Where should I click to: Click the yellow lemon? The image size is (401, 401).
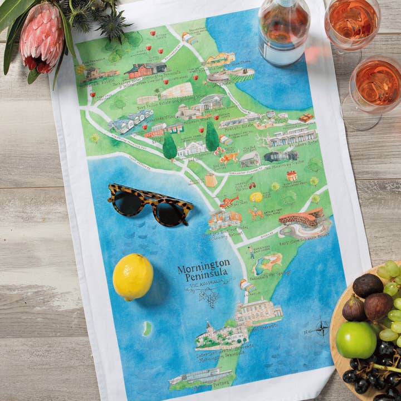pos(133,277)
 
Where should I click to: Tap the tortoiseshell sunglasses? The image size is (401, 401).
pos(149,204)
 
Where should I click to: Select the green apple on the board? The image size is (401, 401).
pos(356,340)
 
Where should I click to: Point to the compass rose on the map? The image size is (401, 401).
pos(322,328)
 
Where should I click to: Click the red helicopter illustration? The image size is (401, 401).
pos(228,200)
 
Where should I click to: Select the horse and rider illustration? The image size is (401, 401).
pos(256,213)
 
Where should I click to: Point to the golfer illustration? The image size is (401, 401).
pos(251,252)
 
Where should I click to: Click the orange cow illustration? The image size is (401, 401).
pos(229,158)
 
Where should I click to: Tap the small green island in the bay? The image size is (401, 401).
pos(147,329)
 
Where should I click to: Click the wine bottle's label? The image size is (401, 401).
pos(283,50)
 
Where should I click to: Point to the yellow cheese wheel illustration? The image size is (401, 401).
pos(256,197)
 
